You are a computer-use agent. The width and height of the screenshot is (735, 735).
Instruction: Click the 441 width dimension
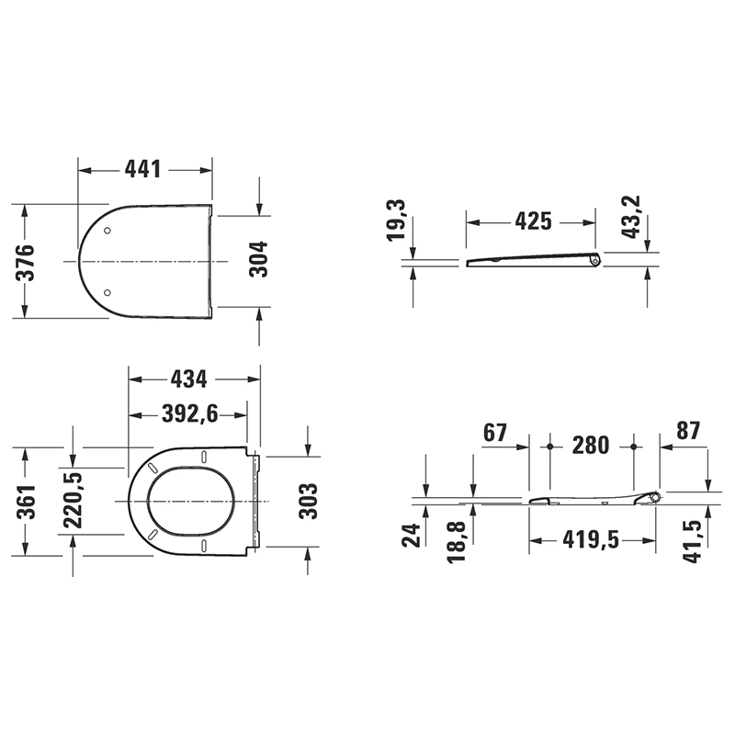pos(143,169)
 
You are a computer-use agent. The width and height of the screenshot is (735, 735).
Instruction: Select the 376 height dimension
pos(26,263)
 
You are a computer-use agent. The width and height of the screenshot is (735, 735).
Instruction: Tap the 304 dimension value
pos(258,259)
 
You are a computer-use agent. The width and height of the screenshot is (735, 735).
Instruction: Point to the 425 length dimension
pos(534,221)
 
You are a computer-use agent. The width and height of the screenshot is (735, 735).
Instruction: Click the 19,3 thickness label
pos(396,220)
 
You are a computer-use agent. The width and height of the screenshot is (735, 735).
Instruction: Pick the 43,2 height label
pos(632,217)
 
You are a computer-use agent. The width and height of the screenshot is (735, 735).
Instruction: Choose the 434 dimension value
pos(188,379)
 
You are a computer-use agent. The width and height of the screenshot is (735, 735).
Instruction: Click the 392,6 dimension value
pos(190,413)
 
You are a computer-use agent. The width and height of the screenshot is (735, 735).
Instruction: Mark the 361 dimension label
pos(26,502)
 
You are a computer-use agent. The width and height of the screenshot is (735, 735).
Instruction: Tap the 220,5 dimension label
pos(73,500)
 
